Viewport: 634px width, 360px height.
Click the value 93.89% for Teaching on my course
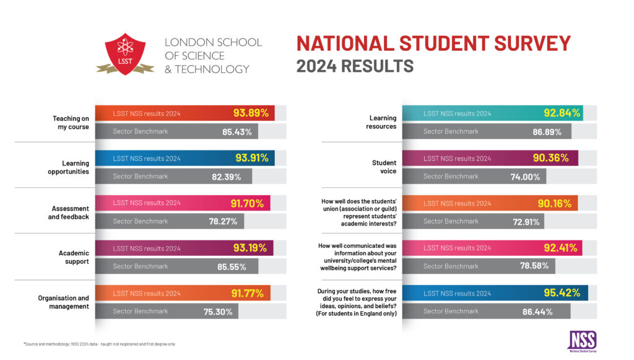pos(251,113)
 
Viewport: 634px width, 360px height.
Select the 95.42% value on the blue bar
pos(562,292)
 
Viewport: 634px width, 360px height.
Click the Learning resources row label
pos(383,122)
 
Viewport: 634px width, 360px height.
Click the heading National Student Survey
pos(433,44)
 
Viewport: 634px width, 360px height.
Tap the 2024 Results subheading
pos(355,66)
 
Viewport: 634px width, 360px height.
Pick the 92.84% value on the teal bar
pos(562,113)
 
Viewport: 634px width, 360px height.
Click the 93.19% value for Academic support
pos(250,248)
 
